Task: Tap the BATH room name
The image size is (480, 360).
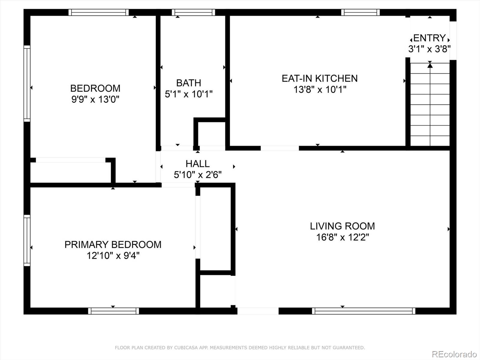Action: click(x=188, y=83)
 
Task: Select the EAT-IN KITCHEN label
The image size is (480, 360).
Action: click(x=319, y=78)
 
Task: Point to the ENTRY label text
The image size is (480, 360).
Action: click(x=430, y=38)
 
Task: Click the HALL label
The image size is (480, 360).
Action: click(x=197, y=164)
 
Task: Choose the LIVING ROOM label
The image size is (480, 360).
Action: click(x=342, y=226)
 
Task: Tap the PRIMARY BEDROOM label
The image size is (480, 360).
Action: click(x=113, y=244)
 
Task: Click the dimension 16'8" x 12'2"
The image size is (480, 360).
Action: click(x=342, y=237)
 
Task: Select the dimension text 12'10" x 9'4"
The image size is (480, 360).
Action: click(x=113, y=256)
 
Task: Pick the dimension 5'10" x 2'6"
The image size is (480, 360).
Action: click(x=197, y=175)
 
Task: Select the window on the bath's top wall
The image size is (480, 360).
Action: click(x=193, y=12)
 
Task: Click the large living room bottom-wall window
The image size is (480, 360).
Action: click(x=363, y=311)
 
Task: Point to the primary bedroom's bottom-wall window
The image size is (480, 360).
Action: click(x=113, y=311)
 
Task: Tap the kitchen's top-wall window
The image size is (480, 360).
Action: click(x=360, y=12)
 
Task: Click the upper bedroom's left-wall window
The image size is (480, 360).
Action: click(x=27, y=83)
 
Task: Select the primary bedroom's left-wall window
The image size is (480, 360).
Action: click(x=27, y=240)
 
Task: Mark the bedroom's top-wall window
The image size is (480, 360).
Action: click(x=98, y=12)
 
